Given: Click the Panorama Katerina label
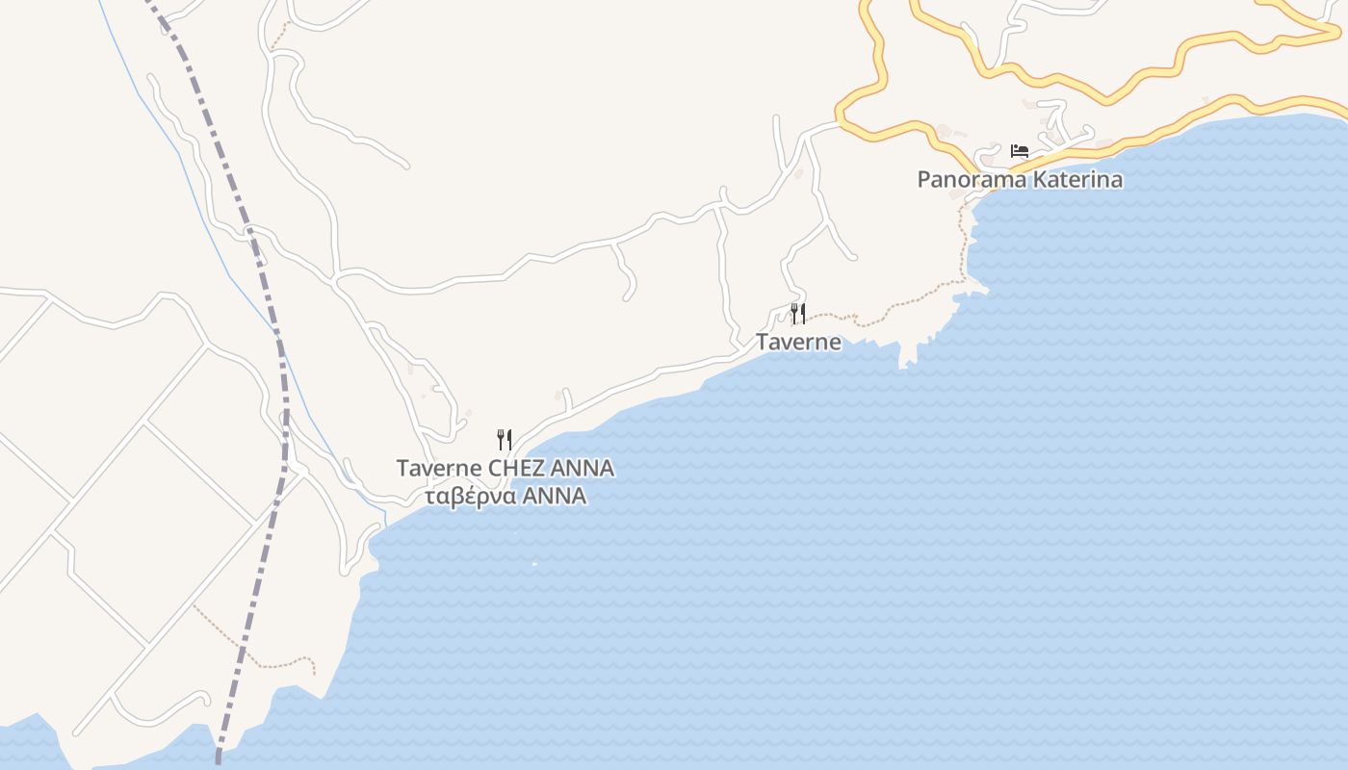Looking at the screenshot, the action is pyautogui.click(x=1020, y=179).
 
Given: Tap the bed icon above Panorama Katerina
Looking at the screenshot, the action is pyautogui.click(x=1020, y=151).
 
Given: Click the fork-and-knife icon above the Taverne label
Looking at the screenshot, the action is pyautogui.click(x=798, y=313).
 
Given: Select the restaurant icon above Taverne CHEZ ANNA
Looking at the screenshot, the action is pyautogui.click(x=505, y=440).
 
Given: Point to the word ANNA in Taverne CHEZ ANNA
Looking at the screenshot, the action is pyautogui.click(x=583, y=469).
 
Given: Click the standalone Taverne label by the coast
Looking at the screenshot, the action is pyautogui.click(x=798, y=342).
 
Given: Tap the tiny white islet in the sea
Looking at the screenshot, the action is pyautogui.click(x=534, y=564).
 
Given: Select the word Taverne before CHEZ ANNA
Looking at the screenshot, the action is pyautogui.click(x=439, y=469).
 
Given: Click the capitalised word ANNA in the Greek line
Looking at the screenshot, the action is pyautogui.click(x=557, y=497).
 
